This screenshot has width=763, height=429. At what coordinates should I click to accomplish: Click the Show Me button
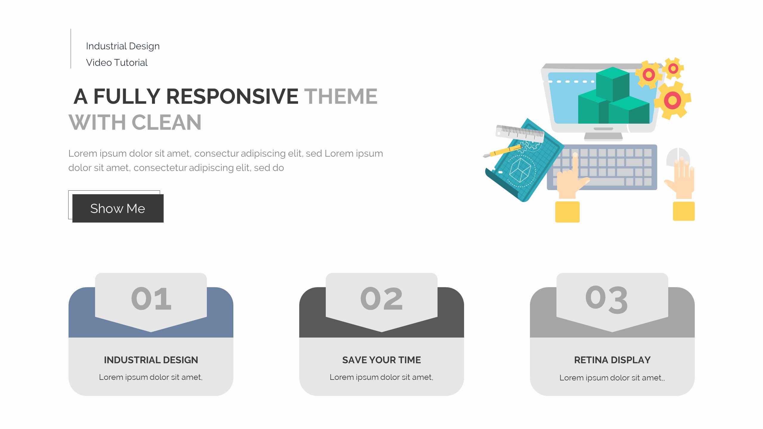pos(118,208)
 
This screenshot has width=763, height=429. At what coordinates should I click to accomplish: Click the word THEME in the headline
pos(341,96)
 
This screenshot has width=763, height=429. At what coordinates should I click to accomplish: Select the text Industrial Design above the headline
pos(123,46)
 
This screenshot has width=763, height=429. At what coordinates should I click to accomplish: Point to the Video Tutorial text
pos(117,63)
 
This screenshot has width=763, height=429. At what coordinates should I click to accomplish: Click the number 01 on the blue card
pos(151,299)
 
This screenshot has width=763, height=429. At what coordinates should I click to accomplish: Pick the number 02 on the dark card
pos(381,299)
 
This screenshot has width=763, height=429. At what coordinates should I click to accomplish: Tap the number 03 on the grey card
pos(607,299)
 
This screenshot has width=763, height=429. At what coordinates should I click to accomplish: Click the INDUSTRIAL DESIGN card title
pos(151,360)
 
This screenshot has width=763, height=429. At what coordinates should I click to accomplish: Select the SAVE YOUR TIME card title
pos(381,360)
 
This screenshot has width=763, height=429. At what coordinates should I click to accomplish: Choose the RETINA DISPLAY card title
pos(612,360)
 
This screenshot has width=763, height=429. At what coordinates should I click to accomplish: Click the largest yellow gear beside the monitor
pos(672,100)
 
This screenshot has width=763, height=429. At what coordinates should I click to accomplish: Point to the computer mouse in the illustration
pos(678,158)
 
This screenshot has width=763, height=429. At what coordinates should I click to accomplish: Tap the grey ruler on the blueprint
pos(520,133)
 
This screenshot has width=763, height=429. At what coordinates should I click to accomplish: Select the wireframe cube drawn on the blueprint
pos(520,170)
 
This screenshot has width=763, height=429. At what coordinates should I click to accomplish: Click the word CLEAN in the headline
pos(166,122)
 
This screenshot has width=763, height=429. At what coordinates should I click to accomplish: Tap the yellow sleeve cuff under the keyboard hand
pos(567,212)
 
